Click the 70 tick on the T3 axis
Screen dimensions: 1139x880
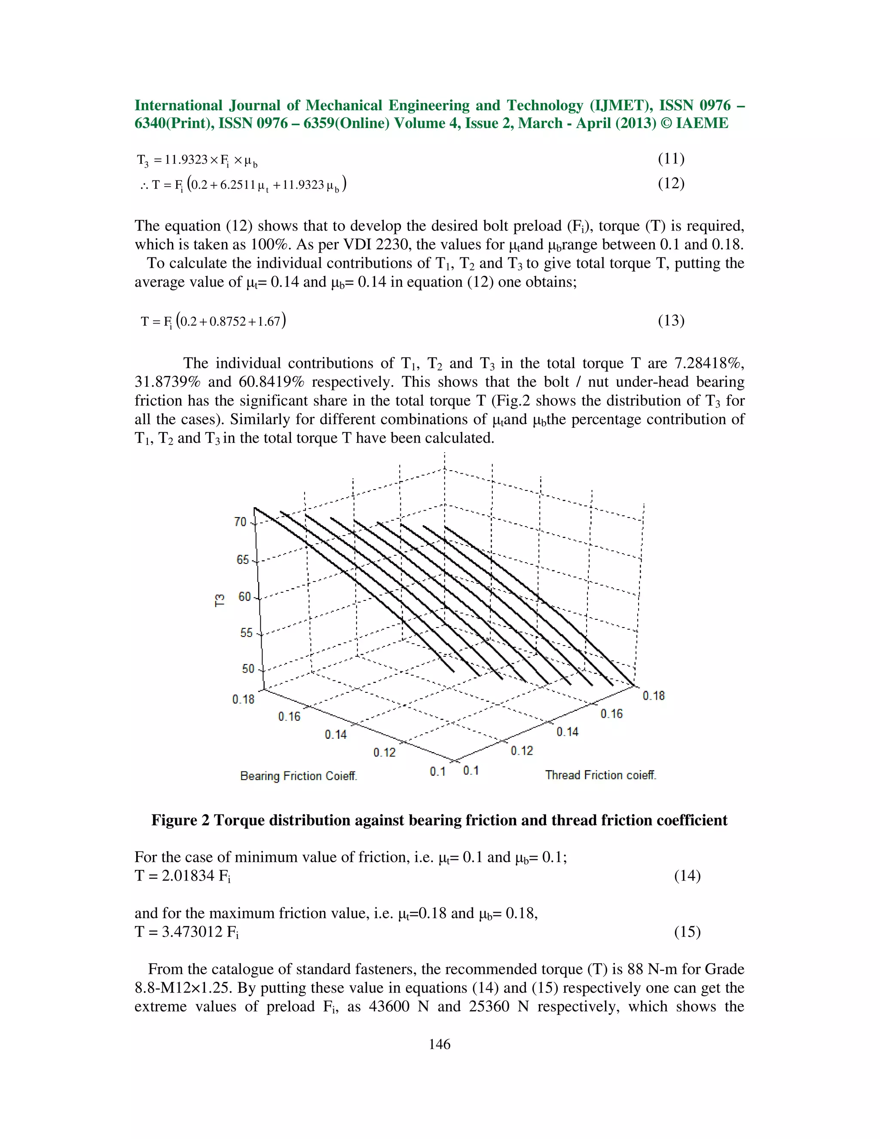tap(240, 521)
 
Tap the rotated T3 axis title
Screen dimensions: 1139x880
tap(220, 600)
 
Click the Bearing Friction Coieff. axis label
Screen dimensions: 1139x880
tap(299, 776)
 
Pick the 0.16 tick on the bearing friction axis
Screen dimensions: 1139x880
tap(289, 716)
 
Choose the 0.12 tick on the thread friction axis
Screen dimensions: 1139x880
tap(522, 750)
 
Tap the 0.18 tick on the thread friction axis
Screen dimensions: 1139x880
tap(653, 696)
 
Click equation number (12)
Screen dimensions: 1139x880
tap(671, 184)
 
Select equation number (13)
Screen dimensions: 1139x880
tap(671, 320)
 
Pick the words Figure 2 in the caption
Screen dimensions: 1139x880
tap(180, 821)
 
